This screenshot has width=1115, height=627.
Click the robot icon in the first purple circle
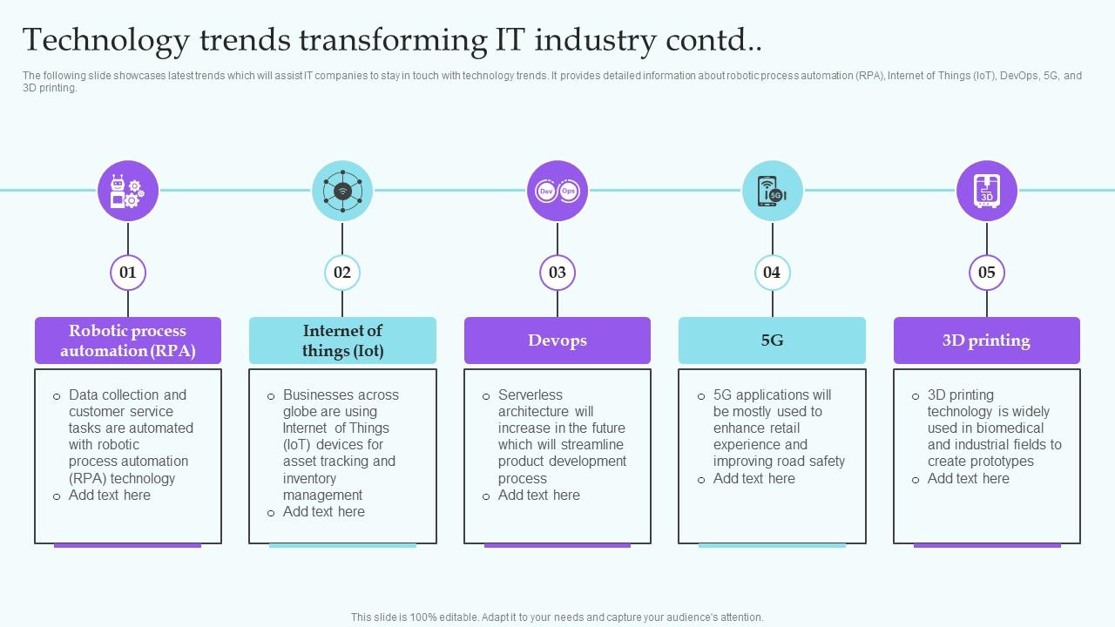(x=128, y=191)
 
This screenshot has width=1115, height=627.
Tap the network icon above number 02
(x=342, y=191)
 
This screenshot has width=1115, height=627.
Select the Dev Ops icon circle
(x=557, y=191)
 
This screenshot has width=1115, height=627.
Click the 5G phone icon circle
(x=772, y=191)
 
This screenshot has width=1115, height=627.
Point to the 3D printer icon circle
(x=987, y=191)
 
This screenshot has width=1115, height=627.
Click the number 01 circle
(x=128, y=273)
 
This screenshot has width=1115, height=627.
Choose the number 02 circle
(x=342, y=273)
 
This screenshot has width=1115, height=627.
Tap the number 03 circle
(x=557, y=273)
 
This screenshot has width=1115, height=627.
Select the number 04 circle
(x=772, y=273)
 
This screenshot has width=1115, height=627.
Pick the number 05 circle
(x=987, y=273)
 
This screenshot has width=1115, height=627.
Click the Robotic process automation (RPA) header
(x=128, y=340)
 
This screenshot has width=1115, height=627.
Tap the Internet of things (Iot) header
(x=342, y=340)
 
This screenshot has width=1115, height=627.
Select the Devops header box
(x=557, y=340)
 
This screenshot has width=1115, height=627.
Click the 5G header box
(x=772, y=340)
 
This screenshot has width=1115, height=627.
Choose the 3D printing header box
(x=987, y=340)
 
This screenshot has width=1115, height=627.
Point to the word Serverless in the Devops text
(x=530, y=395)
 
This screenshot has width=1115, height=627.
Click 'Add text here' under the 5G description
(x=753, y=479)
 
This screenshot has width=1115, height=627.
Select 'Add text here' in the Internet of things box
(x=323, y=512)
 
